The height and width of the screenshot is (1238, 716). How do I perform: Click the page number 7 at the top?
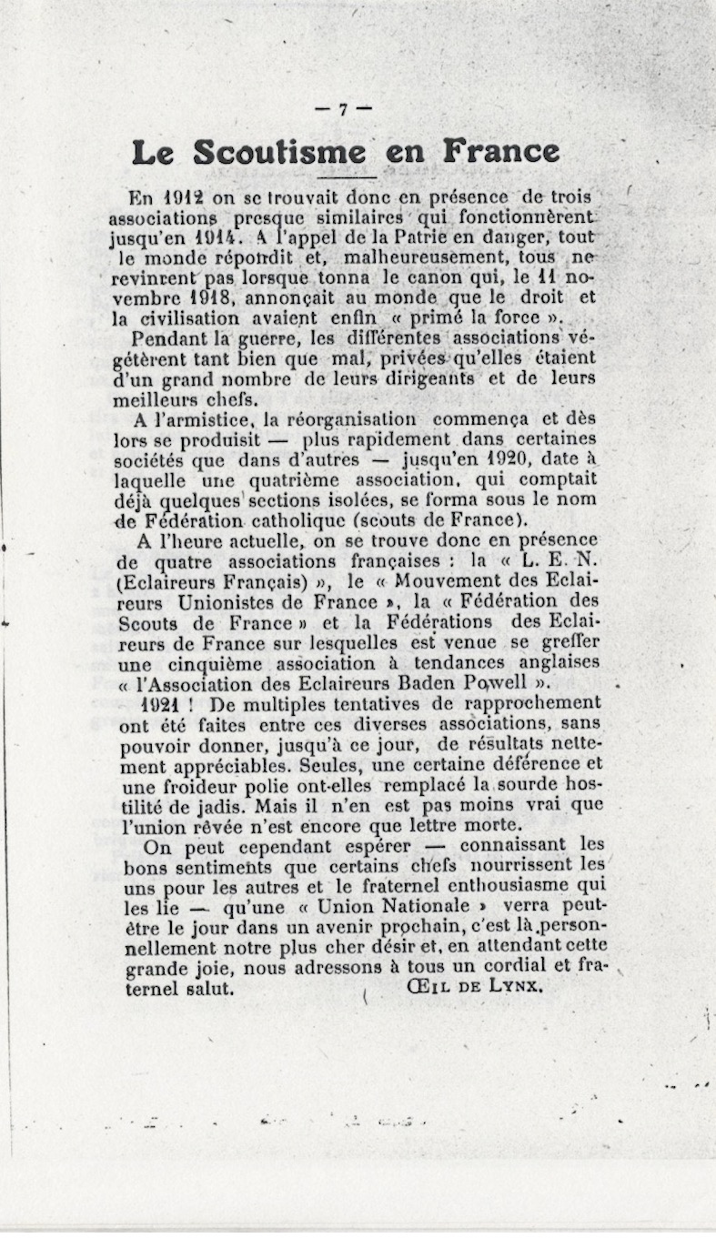343,109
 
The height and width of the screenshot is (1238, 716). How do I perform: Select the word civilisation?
189,317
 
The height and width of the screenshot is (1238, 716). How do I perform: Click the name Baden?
494,682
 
